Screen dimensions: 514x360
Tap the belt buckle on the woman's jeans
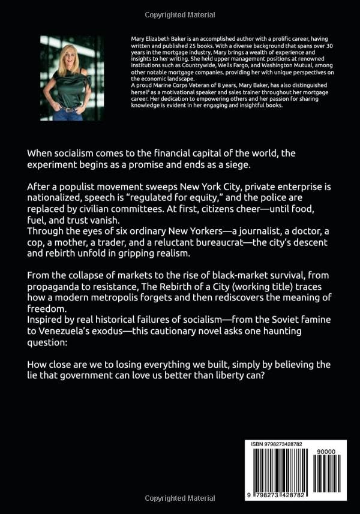pos(70,109)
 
